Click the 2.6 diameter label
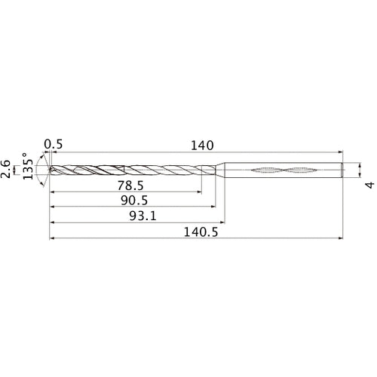[x=8, y=169]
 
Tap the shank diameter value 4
[x=369, y=185]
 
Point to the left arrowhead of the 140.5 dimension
[x=51, y=241]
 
